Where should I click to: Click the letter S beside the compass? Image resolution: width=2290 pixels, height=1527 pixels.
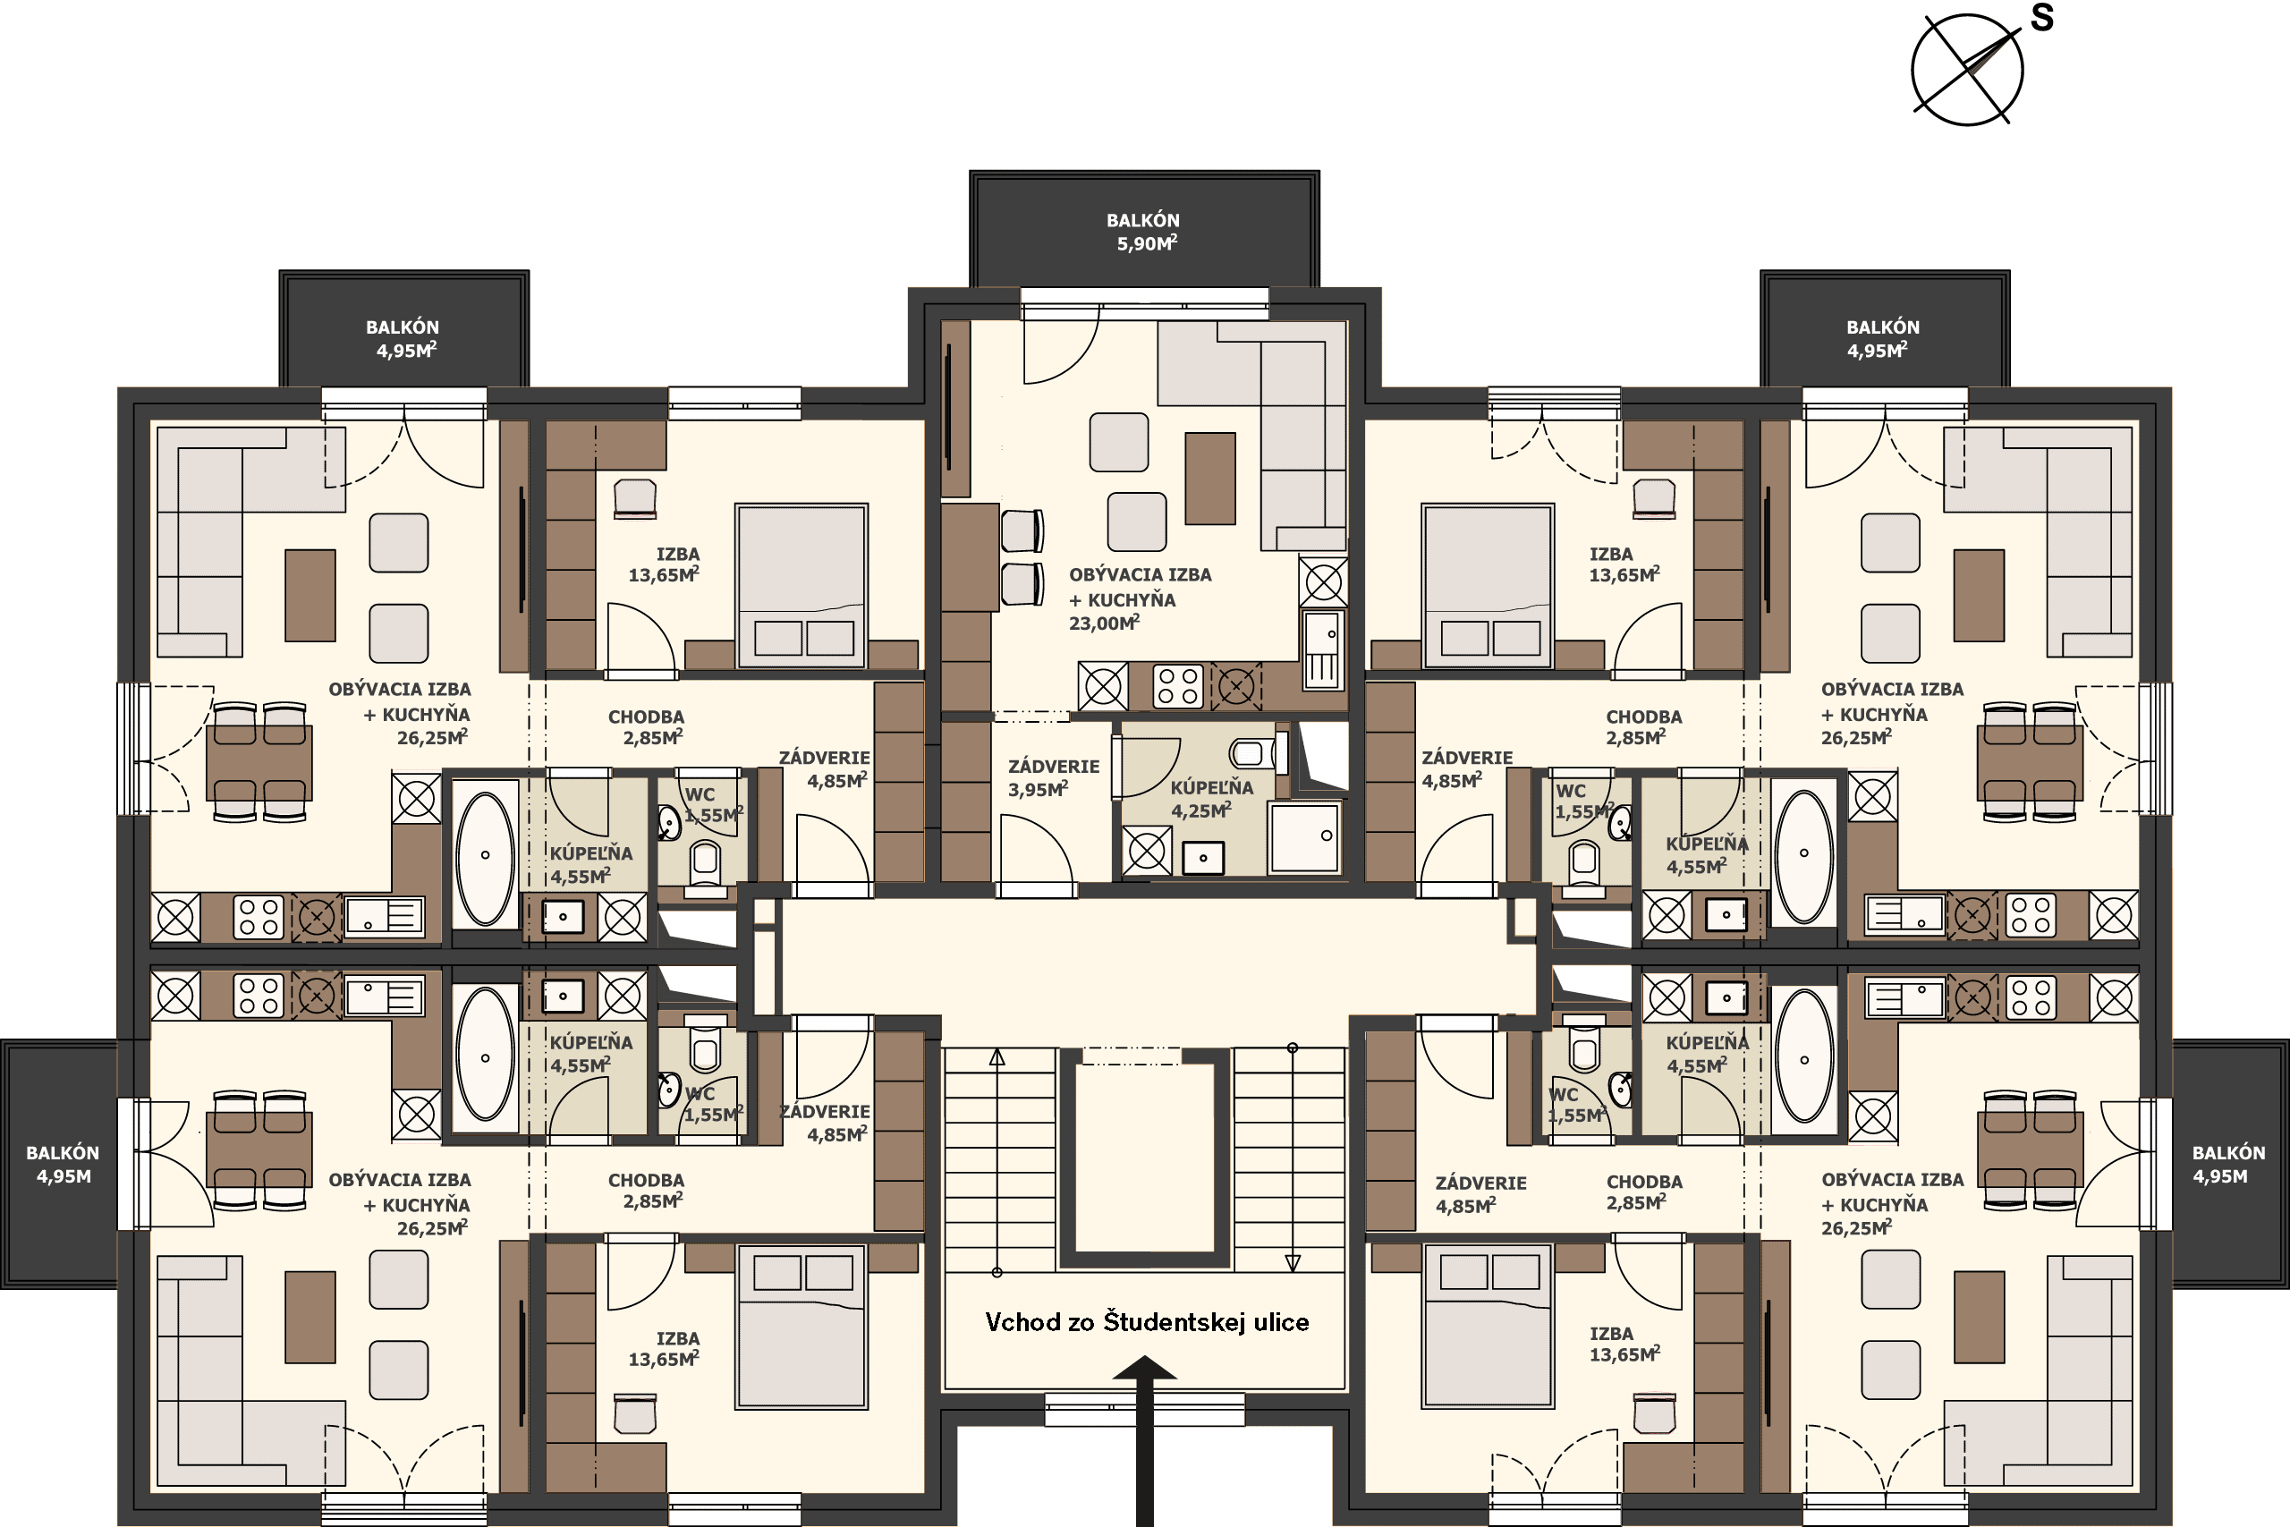(x=2041, y=18)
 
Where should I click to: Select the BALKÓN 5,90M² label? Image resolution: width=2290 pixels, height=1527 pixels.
(x=1144, y=232)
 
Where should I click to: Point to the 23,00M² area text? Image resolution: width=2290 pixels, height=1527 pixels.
(x=1104, y=624)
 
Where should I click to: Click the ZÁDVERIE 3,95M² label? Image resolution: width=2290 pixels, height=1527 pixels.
(x=1053, y=778)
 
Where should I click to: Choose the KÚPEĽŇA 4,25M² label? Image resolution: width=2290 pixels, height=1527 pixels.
(x=1211, y=800)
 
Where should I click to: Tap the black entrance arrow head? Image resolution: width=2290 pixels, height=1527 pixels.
(x=1145, y=1369)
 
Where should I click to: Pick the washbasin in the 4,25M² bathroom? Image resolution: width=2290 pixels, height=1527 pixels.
(x=1203, y=858)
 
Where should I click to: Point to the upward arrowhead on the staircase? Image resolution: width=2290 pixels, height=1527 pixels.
(x=997, y=1057)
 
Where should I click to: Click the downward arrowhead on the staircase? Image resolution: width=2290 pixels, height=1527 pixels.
(x=1293, y=1263)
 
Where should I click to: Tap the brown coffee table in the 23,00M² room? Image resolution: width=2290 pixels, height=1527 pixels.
(x=1210, y=479)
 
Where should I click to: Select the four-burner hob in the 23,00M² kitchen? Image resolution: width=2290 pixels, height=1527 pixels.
(x=1178, y=685)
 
